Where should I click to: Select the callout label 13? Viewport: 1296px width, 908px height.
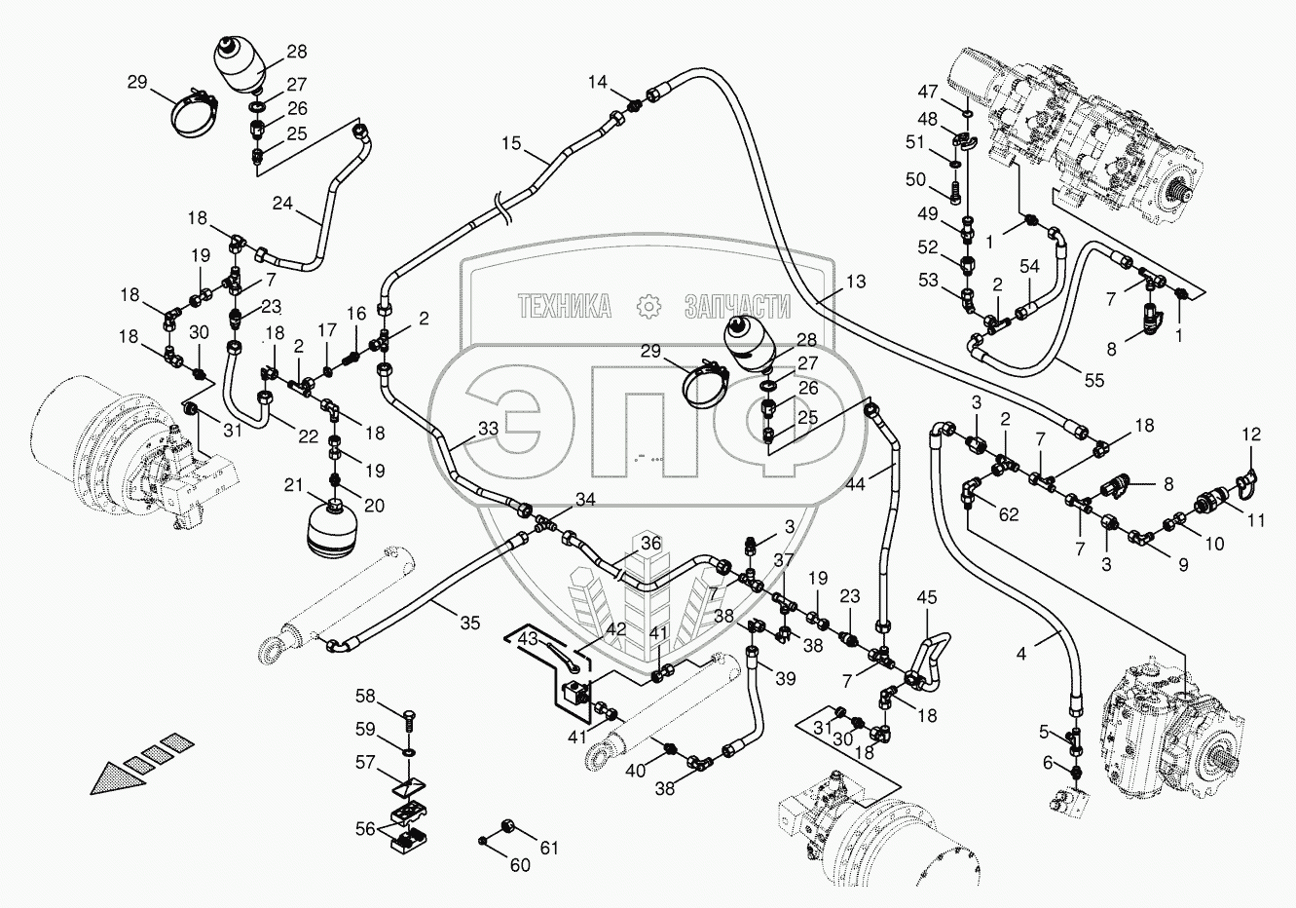pyautogui.click(x=855, y=283)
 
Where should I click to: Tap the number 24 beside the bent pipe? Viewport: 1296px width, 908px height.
pyautogui.click(x=282, y=204)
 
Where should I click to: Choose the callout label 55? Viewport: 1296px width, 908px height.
pyautogui.click(x=1094, y=381)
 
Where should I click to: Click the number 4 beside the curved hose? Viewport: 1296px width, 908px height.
pyautogui.click(x=1021, y=655)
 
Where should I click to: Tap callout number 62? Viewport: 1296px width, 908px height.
pyautogui.click(x=1008, y=513)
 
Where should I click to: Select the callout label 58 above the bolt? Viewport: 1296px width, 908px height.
pyautogui.click(x=364, y=696)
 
